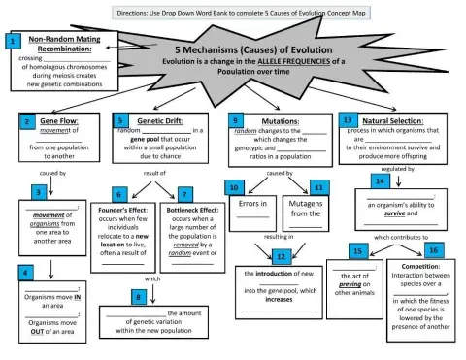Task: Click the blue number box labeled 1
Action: click(13, 42)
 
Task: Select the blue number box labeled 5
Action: click(122, 121)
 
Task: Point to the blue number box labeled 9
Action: click(236, 120)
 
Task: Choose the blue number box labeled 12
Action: click(281, 257)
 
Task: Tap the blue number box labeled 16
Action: click(434, 250)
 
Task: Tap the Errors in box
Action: click(252, 204)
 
